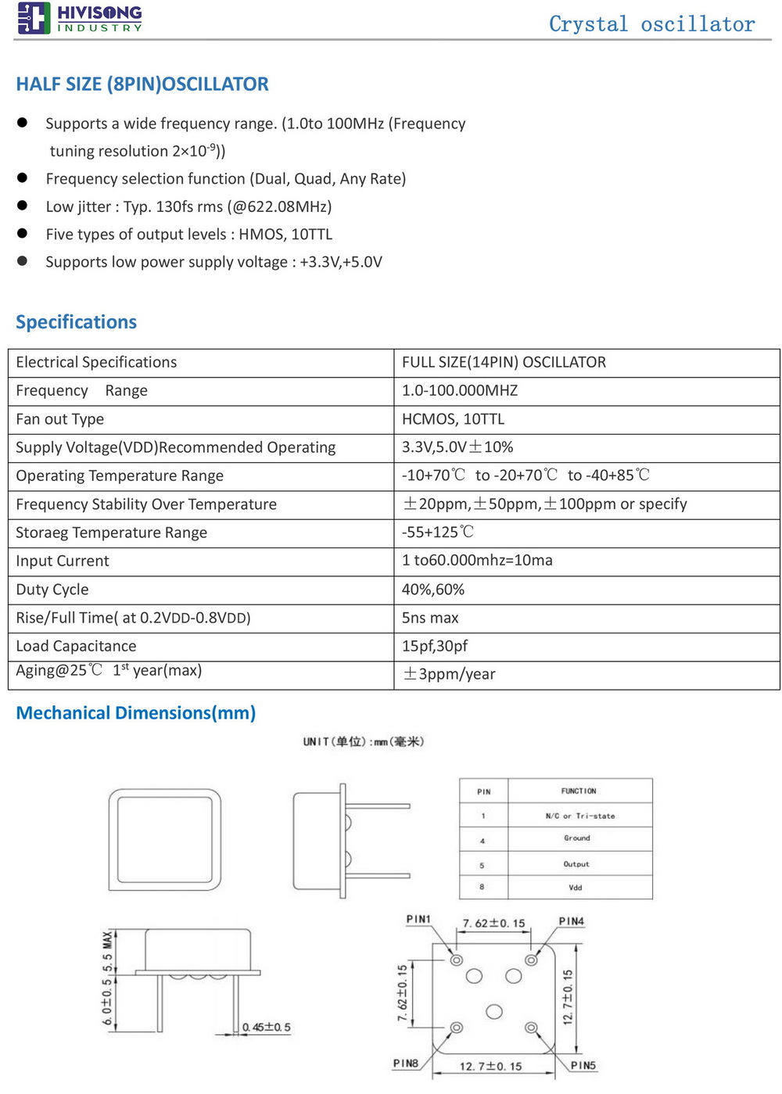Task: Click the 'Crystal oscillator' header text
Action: pyautogui.click(x=651, y=24)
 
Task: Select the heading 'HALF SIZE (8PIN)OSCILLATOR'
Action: pyautogui.click(x=142, y=84)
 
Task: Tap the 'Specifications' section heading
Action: pyautogui.click(x=76, y=322)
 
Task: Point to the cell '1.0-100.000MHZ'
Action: pyautogui.click(x=460, y=390)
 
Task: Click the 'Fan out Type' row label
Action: pyautogui.click(x=60, y=419)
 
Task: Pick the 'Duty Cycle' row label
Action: pyautogui.click(x=52, y=590)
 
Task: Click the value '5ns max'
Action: pyautogui.click(x=430, y=618)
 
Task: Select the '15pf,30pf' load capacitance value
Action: pyautogui.click(x=435, y=646)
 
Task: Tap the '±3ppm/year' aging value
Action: pyautogui.click(x=449, y=674)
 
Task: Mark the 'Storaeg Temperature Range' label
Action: pyautogui.click(x=112, y=533)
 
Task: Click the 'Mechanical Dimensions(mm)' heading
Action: pyautogui.click(x=136, y=713)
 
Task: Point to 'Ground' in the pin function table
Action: pyautogui.click(x=577, y=838)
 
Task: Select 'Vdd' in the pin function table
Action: pyautogui.click(x=576, y=888)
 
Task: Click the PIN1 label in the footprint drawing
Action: pyautogui.click(x=418, y=920)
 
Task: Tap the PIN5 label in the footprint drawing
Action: pyautogui.click(x=583, y=1065)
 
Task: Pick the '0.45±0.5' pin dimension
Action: pyautogui.click(x=267, y=1028)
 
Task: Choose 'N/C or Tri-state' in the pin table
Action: pyautogui.click(x=580, y=816)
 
